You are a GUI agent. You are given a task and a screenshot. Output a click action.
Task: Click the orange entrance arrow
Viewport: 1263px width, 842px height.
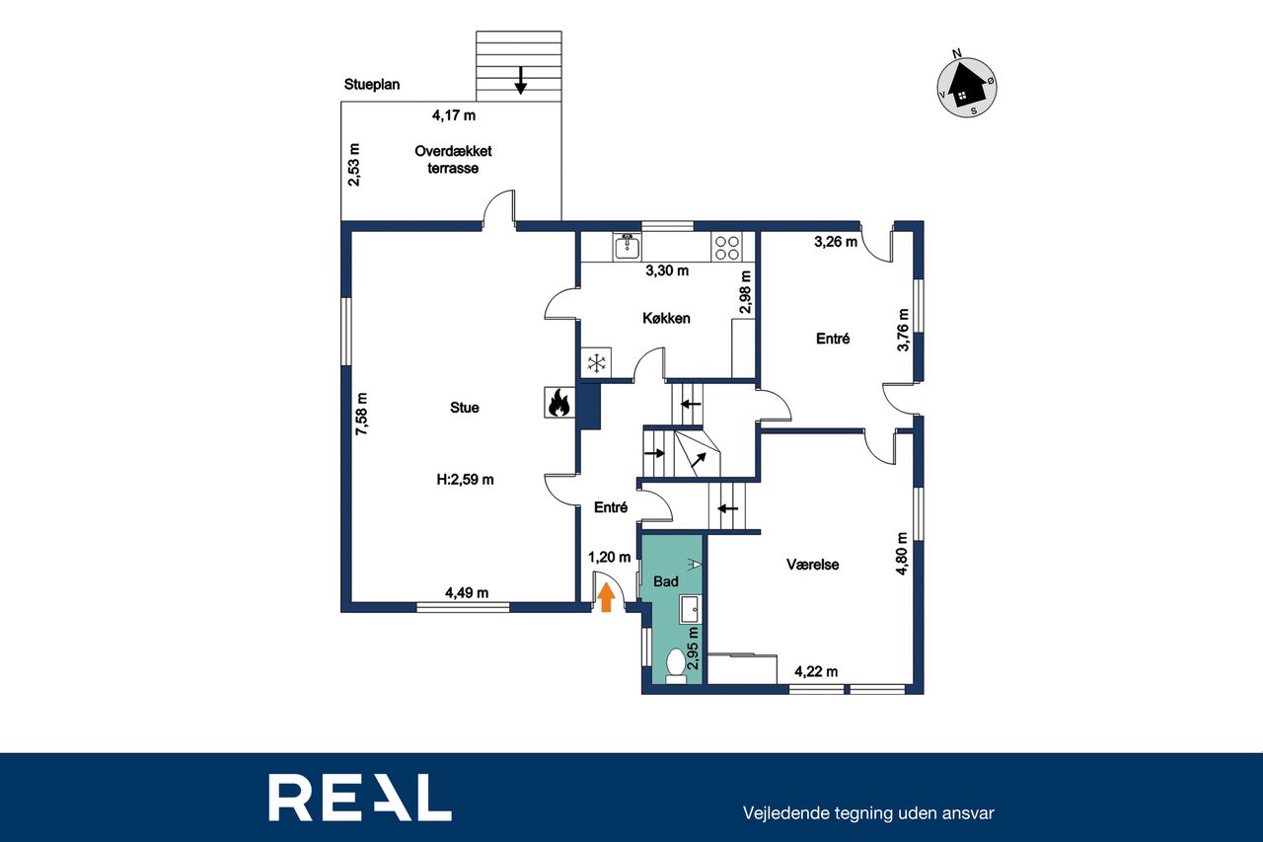pos(606,597)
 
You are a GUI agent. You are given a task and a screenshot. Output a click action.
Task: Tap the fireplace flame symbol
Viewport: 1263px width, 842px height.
pos(559,403)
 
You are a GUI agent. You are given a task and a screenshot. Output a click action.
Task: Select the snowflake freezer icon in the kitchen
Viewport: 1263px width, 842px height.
pos(596,362)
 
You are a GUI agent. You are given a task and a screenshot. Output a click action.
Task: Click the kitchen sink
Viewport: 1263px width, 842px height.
pos(627,247)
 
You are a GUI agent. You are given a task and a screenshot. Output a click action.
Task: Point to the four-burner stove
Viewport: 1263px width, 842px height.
pos(727,247)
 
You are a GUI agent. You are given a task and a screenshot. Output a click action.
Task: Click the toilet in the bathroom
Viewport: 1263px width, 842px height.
pos(676,666)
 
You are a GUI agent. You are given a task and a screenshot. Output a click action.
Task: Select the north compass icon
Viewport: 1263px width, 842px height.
pos(966,86)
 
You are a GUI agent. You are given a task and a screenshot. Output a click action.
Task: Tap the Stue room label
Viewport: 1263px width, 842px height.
pos(465,408)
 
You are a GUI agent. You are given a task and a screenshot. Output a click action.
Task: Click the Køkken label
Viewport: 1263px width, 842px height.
pos(666,318)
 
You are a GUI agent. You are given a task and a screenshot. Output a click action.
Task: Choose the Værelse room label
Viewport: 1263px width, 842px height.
pos(812,565)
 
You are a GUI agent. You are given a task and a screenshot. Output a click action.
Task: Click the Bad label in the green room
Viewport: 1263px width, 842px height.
pos(666,581)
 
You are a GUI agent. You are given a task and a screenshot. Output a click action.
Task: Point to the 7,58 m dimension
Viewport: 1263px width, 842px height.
pos(361,414)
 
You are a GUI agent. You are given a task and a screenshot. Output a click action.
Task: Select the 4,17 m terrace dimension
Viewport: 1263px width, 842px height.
pos(454,115)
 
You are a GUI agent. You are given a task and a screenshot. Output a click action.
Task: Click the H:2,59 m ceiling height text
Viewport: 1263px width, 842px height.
pos(465,480)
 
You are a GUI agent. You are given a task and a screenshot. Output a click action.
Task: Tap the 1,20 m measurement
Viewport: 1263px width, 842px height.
pos(610,558)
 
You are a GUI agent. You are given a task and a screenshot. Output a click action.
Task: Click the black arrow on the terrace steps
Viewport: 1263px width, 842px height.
pos(520,80)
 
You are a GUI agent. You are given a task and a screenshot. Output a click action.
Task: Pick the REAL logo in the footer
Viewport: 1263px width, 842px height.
pos(360,798)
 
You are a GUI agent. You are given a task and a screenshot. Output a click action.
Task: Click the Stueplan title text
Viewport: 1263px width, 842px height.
pos(372,85)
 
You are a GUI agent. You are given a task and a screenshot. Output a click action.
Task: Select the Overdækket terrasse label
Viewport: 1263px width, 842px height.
pos(453,160)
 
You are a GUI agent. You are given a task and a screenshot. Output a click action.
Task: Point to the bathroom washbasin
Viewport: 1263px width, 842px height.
pos(690,609)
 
